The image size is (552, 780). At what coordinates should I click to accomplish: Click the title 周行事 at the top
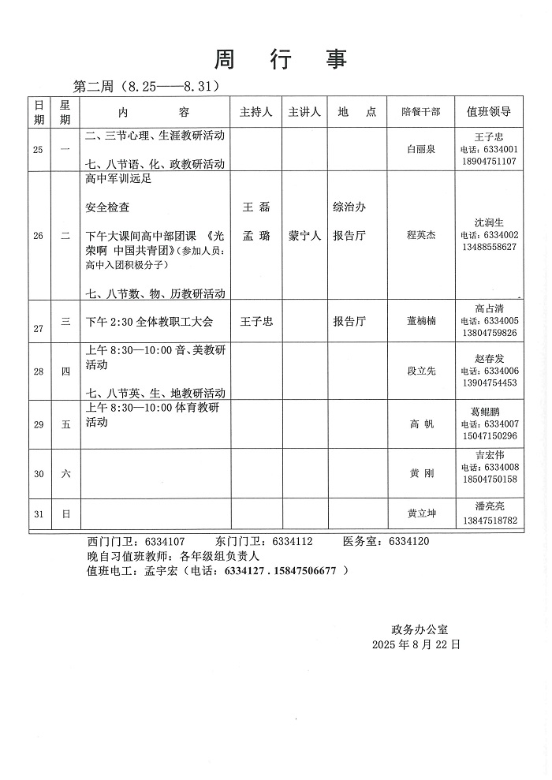click(281, 59)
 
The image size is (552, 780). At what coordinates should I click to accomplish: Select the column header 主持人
click(255, 112)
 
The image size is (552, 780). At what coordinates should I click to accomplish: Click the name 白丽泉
click(420, 148)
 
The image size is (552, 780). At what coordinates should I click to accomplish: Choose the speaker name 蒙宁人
click(304, 236)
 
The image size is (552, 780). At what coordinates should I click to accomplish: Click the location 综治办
click(349, 207)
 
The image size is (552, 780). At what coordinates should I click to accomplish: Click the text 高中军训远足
click(117, 179)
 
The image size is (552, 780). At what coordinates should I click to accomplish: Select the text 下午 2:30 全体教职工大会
click(149, 321)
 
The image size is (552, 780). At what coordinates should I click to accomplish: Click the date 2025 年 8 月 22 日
click(416, 644)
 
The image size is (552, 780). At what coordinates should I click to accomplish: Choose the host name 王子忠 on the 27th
click(255, 321)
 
